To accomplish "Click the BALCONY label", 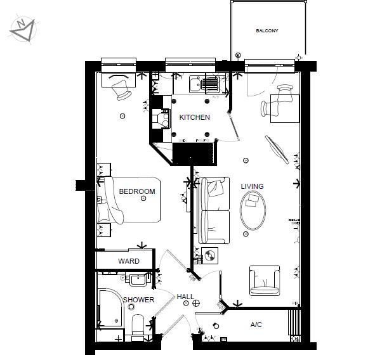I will click(267, 30).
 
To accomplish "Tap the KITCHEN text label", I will click(194, 118).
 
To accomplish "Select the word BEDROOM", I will click(137, 191).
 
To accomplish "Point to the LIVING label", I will click(252, 186).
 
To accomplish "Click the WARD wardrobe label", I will click(128, 261).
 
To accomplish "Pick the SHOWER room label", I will click(138, 300).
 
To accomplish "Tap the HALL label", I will click(185, 297).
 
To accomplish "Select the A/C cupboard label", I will click(256, 325).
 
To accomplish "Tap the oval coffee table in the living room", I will click(253, 210).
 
